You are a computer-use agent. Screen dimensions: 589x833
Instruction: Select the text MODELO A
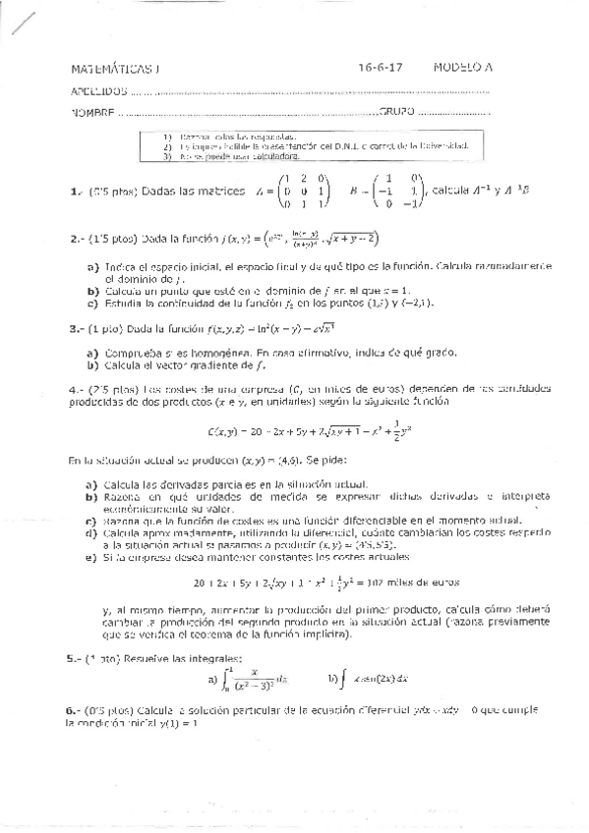click(463, 69)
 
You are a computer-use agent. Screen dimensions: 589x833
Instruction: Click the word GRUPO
click(395, 112)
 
